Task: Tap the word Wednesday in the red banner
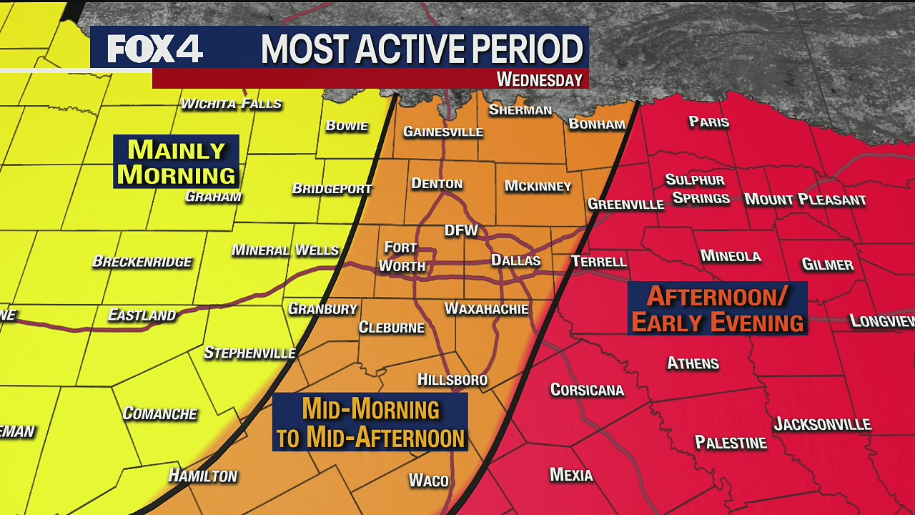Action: coord(540,79)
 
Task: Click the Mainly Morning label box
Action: coord(176,162)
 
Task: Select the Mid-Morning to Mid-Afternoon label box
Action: coord(370,423)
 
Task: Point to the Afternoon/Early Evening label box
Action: coord(718,308)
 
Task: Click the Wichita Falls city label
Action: coord(231,104)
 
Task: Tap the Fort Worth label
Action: coord(401,257)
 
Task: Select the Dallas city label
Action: coord(515,260)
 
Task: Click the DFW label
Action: coord(461,230)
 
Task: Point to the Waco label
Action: coord(428,480)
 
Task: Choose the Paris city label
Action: coord(708,122)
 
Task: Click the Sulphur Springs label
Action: coord(697,189)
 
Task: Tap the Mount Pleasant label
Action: coord(805,200)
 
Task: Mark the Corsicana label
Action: coord(587,390)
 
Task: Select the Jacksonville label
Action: coord(822,424)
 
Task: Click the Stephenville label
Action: coord(249,353)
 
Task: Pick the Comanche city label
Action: coord(159,413)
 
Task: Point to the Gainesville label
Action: coord(443,132)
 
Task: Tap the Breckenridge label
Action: coord(142,262)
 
